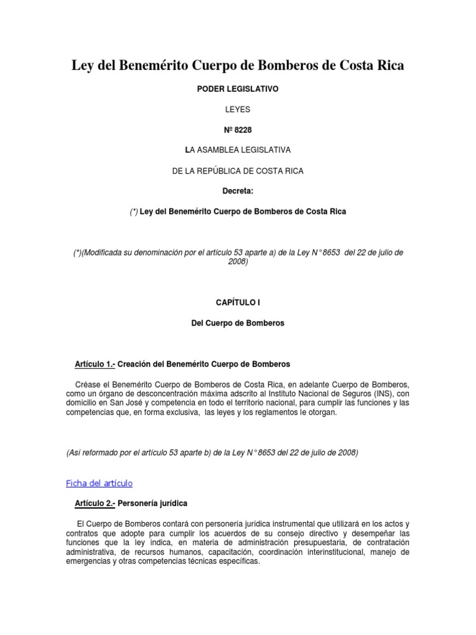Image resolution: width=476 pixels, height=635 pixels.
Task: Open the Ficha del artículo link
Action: tap(99, 483)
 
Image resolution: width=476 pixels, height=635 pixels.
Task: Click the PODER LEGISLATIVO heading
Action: tap(237, 89)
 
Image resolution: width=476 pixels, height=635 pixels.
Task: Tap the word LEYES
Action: tap(237, 110)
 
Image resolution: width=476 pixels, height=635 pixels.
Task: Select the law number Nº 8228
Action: tap(237, 130)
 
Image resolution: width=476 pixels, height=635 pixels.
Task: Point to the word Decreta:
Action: tap(237, 191)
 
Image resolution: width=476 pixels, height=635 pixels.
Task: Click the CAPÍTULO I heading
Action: tap(237, 303)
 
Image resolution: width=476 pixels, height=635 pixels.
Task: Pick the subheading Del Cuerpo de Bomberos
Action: tap(237, 323)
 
